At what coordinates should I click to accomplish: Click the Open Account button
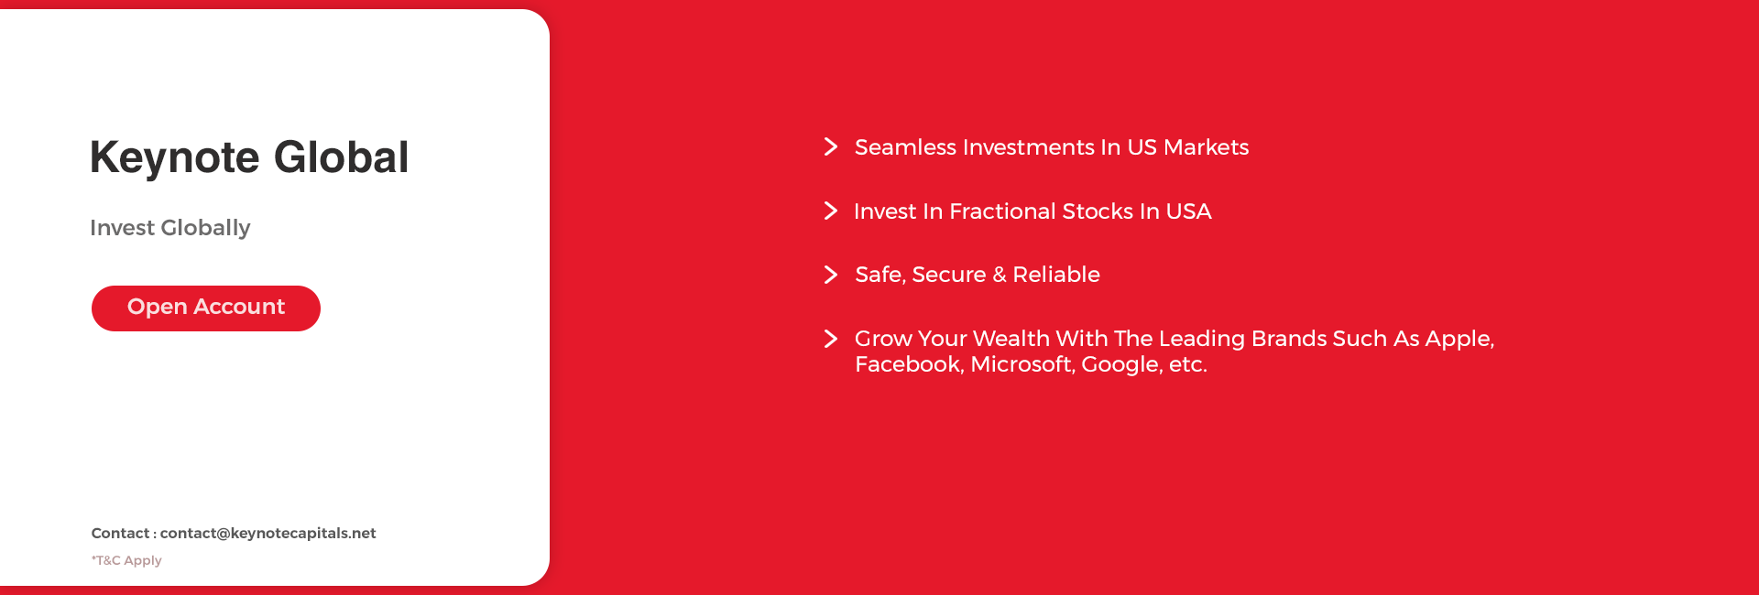pos(206,308)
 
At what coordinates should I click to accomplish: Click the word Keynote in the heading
pos(175,158)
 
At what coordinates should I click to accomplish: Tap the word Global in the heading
pos(341,157)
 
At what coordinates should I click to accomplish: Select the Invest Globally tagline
pos(169,228)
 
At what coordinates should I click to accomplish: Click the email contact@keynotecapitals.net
pos(268,533)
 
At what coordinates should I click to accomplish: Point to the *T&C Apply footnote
pos(126,560)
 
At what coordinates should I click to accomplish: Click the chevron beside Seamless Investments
pos(831,146)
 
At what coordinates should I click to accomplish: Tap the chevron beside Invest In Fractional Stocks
pos(831,211)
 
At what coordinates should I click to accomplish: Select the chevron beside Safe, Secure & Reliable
pos(831,275)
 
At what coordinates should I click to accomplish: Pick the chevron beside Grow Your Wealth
pos(831,339)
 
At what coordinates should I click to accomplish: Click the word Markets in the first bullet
pos(1207,147)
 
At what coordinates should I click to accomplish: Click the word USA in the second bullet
pos(1188,211)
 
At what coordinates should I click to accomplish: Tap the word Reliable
pos(1056,275)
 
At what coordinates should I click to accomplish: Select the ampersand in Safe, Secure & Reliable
pos(999,275)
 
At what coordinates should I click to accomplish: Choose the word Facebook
pos(909,364)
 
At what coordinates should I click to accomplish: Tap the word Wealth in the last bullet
pos(1011,339)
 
